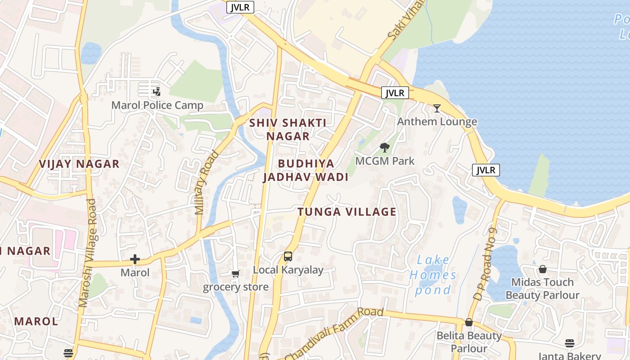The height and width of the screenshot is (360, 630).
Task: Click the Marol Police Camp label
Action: coord(157,105)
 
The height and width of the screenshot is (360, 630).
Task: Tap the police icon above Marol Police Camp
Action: coord(156,92)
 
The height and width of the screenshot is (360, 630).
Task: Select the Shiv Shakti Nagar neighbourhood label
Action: coord(288,129)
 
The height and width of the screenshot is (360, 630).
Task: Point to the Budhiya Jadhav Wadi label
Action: coord(306,170)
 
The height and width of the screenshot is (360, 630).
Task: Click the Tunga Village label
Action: coord(347,211)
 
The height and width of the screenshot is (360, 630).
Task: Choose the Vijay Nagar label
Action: coord(79,164)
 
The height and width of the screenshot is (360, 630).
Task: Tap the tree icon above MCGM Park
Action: coord(384,147)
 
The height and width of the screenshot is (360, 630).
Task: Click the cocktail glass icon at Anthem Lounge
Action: coord(436,108)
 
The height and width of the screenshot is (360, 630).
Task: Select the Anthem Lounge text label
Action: coord(437,121)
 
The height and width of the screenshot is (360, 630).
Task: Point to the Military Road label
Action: coord(207,182)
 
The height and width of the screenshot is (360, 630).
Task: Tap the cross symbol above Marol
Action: coord(135,259)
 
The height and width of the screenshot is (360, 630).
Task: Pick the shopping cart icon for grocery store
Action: coord(235,274)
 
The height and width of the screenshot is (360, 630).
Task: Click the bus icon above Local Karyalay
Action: coord(288,256)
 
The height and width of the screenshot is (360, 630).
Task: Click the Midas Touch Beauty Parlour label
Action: coord(542,288)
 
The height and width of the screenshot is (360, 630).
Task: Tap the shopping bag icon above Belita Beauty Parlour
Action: coord(469,322)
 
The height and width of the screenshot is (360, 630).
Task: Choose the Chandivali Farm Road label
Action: coord(334,333)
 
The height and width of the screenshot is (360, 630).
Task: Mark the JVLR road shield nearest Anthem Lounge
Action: coord(395,93)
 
